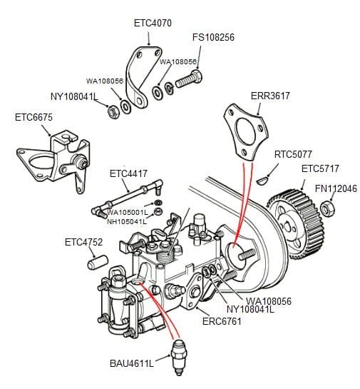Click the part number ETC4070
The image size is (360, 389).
click(x=153, y=23)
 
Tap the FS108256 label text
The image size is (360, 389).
click(x=213, y=37)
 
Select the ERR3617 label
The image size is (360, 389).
click(x=270, y=96)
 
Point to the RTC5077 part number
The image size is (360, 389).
click(x=293, y=154)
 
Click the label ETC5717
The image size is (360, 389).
click(x=320, y=169)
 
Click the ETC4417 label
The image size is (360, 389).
click(x=128, y=173)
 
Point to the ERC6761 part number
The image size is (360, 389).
click(x=221, y=320)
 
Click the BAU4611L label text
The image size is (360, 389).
click(x=131, y=363)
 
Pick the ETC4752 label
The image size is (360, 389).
click(x=83, y=243)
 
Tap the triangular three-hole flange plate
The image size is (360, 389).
click(x=242, y=132)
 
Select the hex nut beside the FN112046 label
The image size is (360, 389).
click(x=329, y=208)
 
